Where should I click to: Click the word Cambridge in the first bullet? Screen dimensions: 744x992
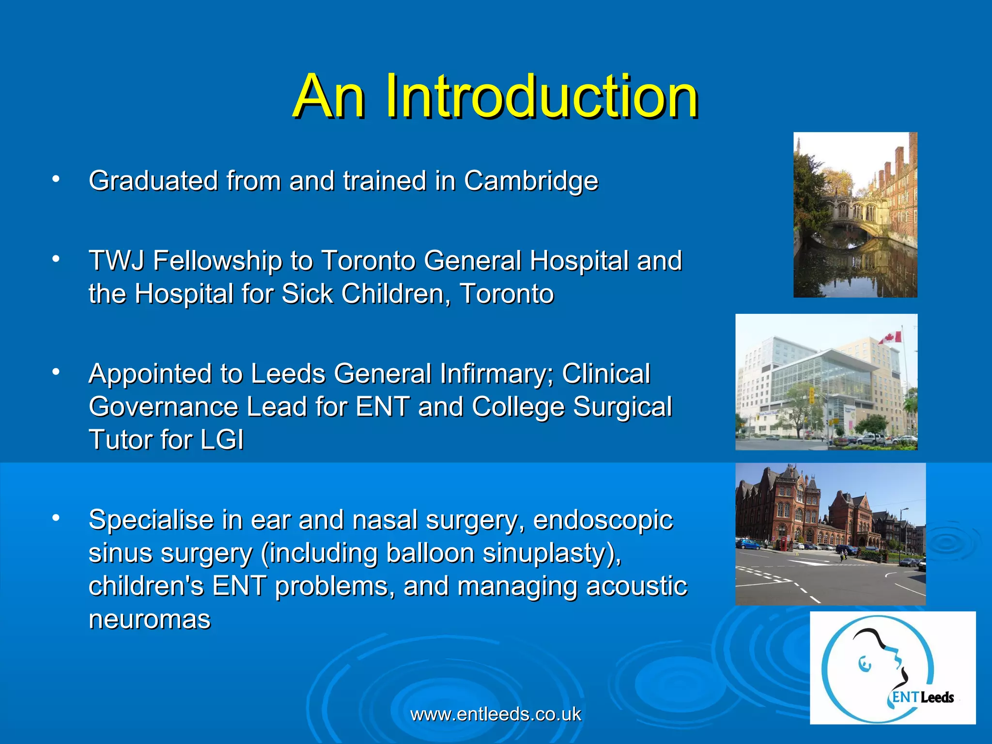pos(531,181)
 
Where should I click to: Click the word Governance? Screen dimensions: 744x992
pos(163,407)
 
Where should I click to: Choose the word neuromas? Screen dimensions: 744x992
pos(150,619)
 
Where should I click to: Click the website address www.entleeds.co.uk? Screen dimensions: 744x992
pos(496,714)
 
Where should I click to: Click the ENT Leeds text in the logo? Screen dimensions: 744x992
pos(923,697)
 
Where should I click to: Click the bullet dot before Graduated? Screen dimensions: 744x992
pos(56,180)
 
